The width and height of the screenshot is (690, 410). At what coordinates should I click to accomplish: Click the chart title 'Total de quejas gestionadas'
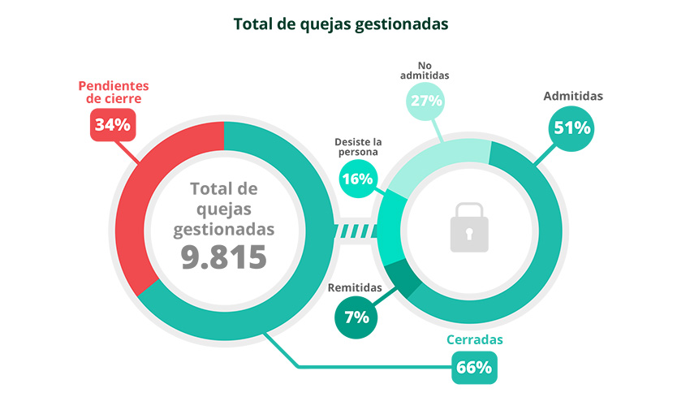point(341,24)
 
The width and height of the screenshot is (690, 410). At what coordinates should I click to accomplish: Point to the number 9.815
point(224,257)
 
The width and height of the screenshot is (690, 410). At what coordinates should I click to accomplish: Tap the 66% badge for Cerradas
point(474,367)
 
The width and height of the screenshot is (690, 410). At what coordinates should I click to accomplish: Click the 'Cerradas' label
point(475,339)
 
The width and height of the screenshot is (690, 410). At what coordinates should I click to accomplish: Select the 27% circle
point(425,101)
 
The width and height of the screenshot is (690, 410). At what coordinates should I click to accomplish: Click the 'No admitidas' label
point(425,70)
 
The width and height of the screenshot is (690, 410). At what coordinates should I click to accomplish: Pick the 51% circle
point(571,127)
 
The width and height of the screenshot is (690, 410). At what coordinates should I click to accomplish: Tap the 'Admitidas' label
point(573,96)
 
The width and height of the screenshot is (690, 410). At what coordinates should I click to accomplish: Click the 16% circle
point(358,178)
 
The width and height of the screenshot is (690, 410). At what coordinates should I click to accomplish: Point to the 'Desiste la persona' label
point(358,146)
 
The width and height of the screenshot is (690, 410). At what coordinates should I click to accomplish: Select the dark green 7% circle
point(356,317)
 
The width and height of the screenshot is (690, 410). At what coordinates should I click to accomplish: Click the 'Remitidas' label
point(354,287)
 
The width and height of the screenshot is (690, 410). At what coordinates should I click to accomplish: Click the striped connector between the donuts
point(358,231)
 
